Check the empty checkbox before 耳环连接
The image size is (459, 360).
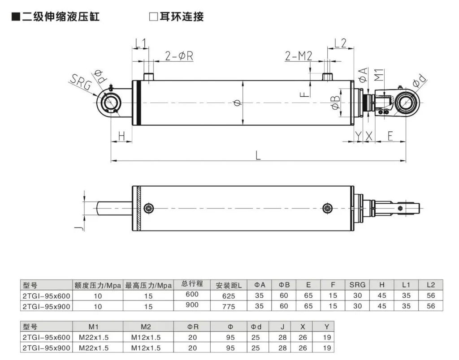point(152,17)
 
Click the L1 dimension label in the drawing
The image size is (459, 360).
point(141,43)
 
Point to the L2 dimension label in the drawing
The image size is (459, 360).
point(341,43)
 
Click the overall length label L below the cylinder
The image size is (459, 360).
point(258,155)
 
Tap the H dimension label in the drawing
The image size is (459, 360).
point(121,136)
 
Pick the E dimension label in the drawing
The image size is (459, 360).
point(390,136)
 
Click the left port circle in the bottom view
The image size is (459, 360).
point(149,208)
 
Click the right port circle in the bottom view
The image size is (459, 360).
point(328,208)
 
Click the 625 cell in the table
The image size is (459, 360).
point(228,296)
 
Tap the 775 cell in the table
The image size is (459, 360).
point(228,306)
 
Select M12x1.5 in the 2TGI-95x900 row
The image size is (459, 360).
point(146,348)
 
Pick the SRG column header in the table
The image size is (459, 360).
point(357,285)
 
